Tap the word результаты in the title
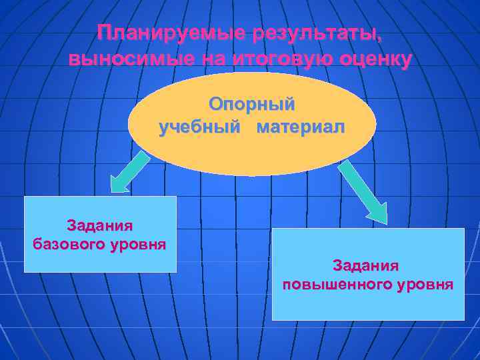click(309, 33)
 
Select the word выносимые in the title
click(127, 59)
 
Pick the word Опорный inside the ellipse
click(252, 105)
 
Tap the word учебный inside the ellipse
click(197, 127)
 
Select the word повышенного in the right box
click(335, 285)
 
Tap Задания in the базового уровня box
click(100, 225)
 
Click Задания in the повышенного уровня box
click(367, 266)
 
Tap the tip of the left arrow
click(114, 191)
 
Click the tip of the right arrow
click(383, 220)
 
